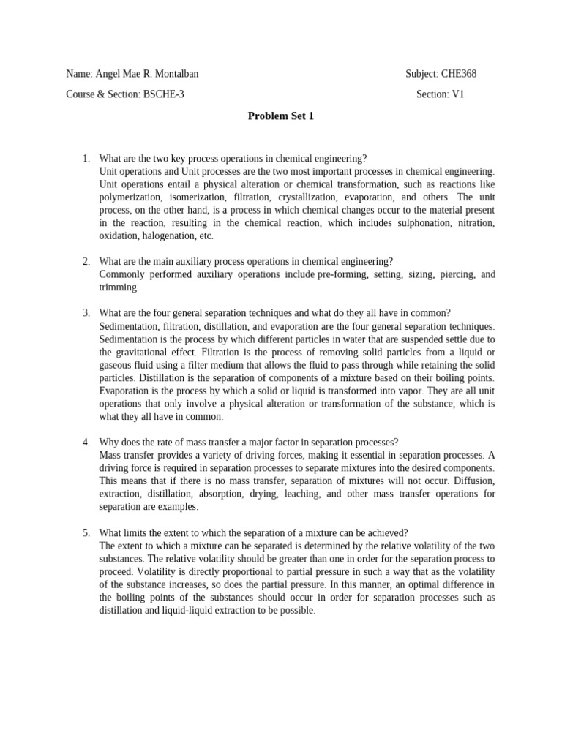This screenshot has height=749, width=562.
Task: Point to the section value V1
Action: [x=457, y=94]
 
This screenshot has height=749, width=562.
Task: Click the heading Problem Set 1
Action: [x=280, y=116]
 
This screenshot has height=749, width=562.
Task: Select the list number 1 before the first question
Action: [x=86, y=158]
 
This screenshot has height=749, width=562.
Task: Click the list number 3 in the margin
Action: [x=86, y=313]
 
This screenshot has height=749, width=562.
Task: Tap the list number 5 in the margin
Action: [x=86, y=532]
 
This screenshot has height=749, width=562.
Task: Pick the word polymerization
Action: [x=128, y=197]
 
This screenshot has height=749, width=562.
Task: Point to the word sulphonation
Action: [x=417, y=223]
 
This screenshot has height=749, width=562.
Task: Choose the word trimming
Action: [x=118, y=287]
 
